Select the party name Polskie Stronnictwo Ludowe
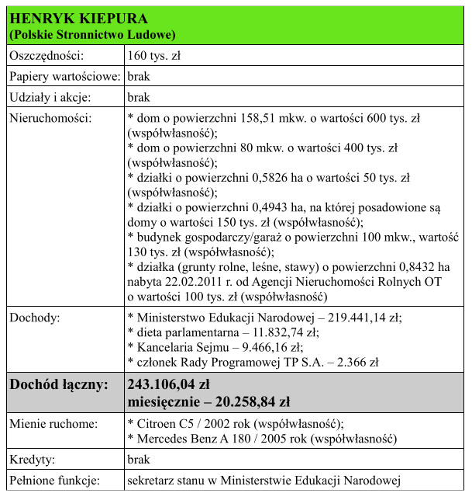click(x=92, y=35)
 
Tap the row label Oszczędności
click(x=46, y=56)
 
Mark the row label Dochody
click(x=36, y=318)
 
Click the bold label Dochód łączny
click(x=58, y=384)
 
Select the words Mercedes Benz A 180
click(x=188, y=439)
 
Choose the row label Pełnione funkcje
click(x=55, y=480)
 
